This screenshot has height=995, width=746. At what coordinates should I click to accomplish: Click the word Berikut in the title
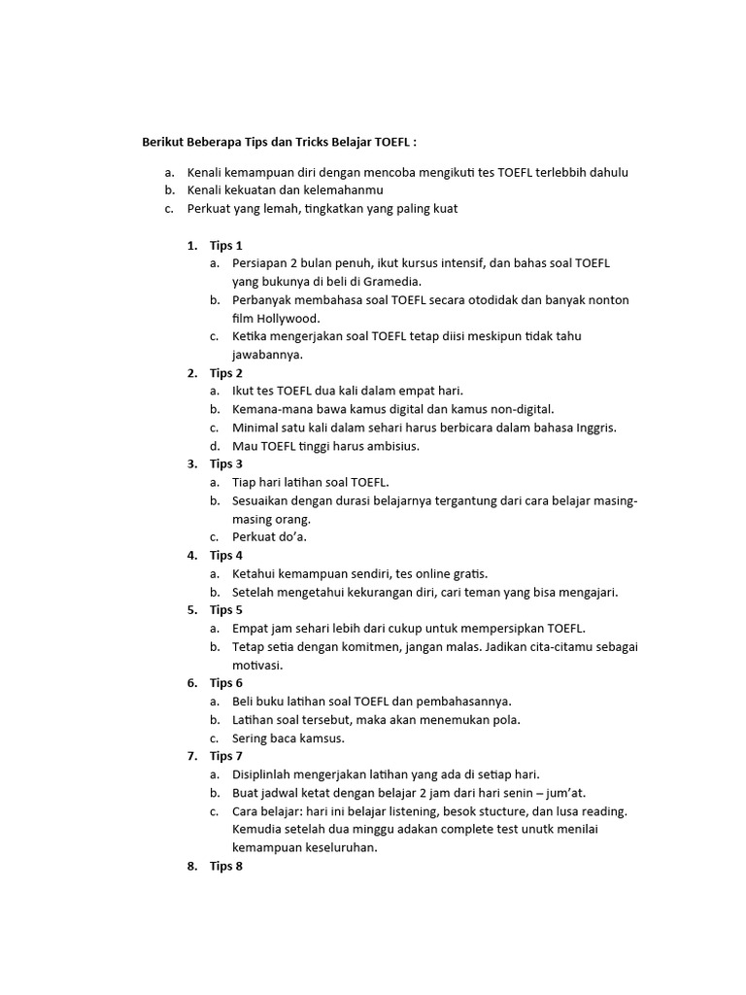pos(165,142)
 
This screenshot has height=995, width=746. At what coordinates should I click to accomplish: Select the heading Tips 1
pos(225,246)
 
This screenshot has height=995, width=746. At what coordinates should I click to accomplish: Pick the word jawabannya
pos(268,355)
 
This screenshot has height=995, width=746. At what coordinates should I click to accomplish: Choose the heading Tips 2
pos(225,373)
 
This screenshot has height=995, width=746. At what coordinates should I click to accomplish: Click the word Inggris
pos(595,428)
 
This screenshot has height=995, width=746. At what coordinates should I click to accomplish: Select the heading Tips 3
pos(225,464)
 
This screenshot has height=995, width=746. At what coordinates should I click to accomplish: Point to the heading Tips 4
pos(225,556)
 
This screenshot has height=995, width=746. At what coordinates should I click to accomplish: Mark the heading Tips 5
pos(225,610)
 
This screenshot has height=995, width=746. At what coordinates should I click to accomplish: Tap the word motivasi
pos(256,665)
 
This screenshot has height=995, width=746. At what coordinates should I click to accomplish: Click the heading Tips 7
pos(225,756)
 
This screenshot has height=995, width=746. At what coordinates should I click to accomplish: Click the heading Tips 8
pos(225,866)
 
